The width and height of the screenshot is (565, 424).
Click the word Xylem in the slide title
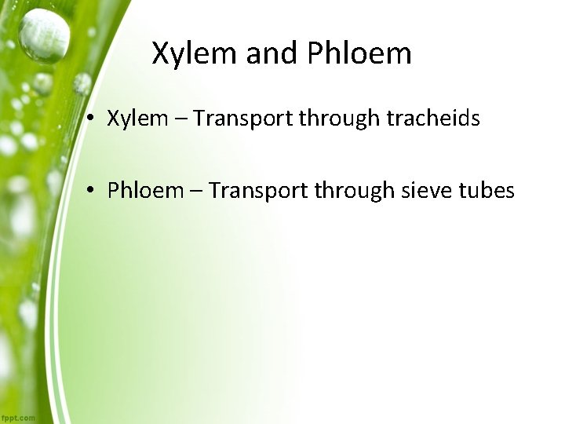(x=193, y=53)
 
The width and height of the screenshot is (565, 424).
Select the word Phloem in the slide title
(x=359, y=53)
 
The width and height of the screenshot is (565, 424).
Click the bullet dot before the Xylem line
(x=93, y=119)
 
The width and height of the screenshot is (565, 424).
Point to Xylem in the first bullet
(x=137, y=119)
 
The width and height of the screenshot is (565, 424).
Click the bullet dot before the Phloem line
(x=93, y=190)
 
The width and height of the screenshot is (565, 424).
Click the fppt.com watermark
(x=18, y=418)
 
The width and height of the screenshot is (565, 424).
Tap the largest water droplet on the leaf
(x=44, y=35)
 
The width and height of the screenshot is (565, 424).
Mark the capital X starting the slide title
(x=160, y=53)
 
